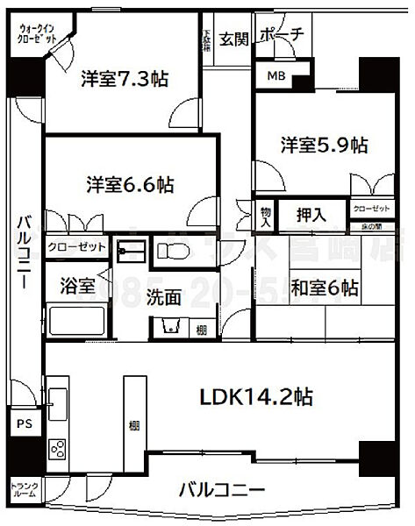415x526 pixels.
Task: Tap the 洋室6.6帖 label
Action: point(130,185)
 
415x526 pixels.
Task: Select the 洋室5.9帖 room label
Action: point(323,145)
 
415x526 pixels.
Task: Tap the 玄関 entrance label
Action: point(233,38)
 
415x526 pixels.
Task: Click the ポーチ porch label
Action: point(283,35)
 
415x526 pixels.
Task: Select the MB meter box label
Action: point(275,76)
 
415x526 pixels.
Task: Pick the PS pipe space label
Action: point(24,422)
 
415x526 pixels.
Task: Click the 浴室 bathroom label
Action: point(76,285)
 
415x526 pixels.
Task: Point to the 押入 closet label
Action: point(311,213)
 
